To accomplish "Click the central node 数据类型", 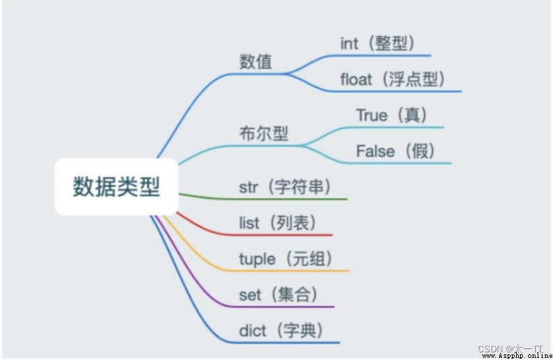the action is coord(116,186).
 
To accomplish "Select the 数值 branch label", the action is coord(256,62).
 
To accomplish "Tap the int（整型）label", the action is coord(377,43).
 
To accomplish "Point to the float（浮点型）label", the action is coord(392,79).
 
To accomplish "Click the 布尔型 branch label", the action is coord(264,133).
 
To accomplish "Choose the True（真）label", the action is coord(392,115).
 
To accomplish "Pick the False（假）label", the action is coord(395,151).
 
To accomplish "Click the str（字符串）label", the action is coord(285,187).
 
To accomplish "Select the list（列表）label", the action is coord(278,222).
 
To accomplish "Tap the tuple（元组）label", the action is coord(286,259).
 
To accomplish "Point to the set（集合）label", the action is coord(278,295).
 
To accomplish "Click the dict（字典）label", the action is coord(281,330).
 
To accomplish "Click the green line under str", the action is coord(263,199).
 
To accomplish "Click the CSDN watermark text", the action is coord(510,349).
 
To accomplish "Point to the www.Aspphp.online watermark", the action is coord(517,356).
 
